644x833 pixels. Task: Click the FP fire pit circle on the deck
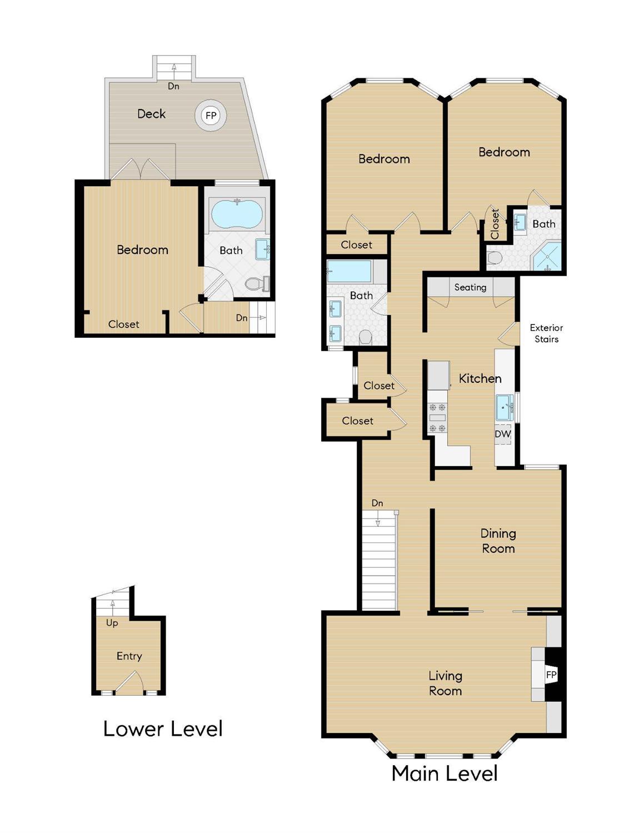pyautogui.click(x=211, y=116)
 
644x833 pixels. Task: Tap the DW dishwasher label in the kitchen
pyautogui.click(x=503, y=434)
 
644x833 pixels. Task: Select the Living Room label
pyautogui.click(x=445, y=683)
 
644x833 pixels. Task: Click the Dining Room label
pyautogui.click(x=498, y=541)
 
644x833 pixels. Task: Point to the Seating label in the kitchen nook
pyautogui.click(x=470, y=287)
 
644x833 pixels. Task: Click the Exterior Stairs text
pyautogui.click(x=546, y=333)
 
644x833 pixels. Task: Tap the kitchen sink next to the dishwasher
pyautogui.click(x=504, y=407)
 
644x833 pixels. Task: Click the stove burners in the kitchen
pyautogui.click(x=437, y=417)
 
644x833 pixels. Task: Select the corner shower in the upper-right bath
pyautogui.click(x=547, y=256)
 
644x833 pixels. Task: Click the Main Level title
pyautogui.click(x=445, y=773)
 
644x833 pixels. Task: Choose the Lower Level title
pyautogui.click(x=163, y=729)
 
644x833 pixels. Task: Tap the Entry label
pyautogui.click(x=129, y=656)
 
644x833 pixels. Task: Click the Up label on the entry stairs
pyautogui.click(x=112, y=623)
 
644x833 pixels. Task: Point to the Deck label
pyautogui.click(x=151, y=114)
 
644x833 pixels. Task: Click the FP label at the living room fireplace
pyautogui.click(x=551, y=675)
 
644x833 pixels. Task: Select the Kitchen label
pyautogui.click(x=480, y=378)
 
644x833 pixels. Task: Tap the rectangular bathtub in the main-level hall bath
pyautogui.click(x=349, y=272)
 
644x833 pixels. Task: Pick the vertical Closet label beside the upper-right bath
pyautogui.click(x=495, y=224)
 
